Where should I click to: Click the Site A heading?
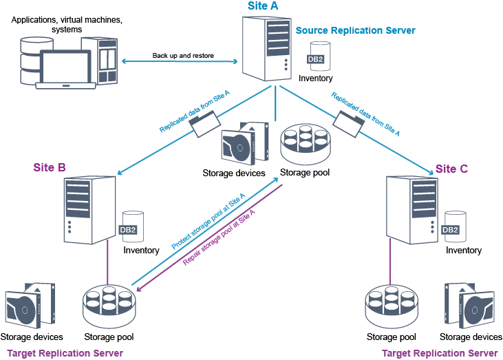[x=263, y=6]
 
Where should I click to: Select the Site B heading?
[x=50, y=167]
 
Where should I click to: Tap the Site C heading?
[x=452, y=169]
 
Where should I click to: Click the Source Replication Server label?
[x=355, y=31]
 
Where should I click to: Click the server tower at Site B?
[x=87, y=210]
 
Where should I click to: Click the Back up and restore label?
[x=183, y=55]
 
